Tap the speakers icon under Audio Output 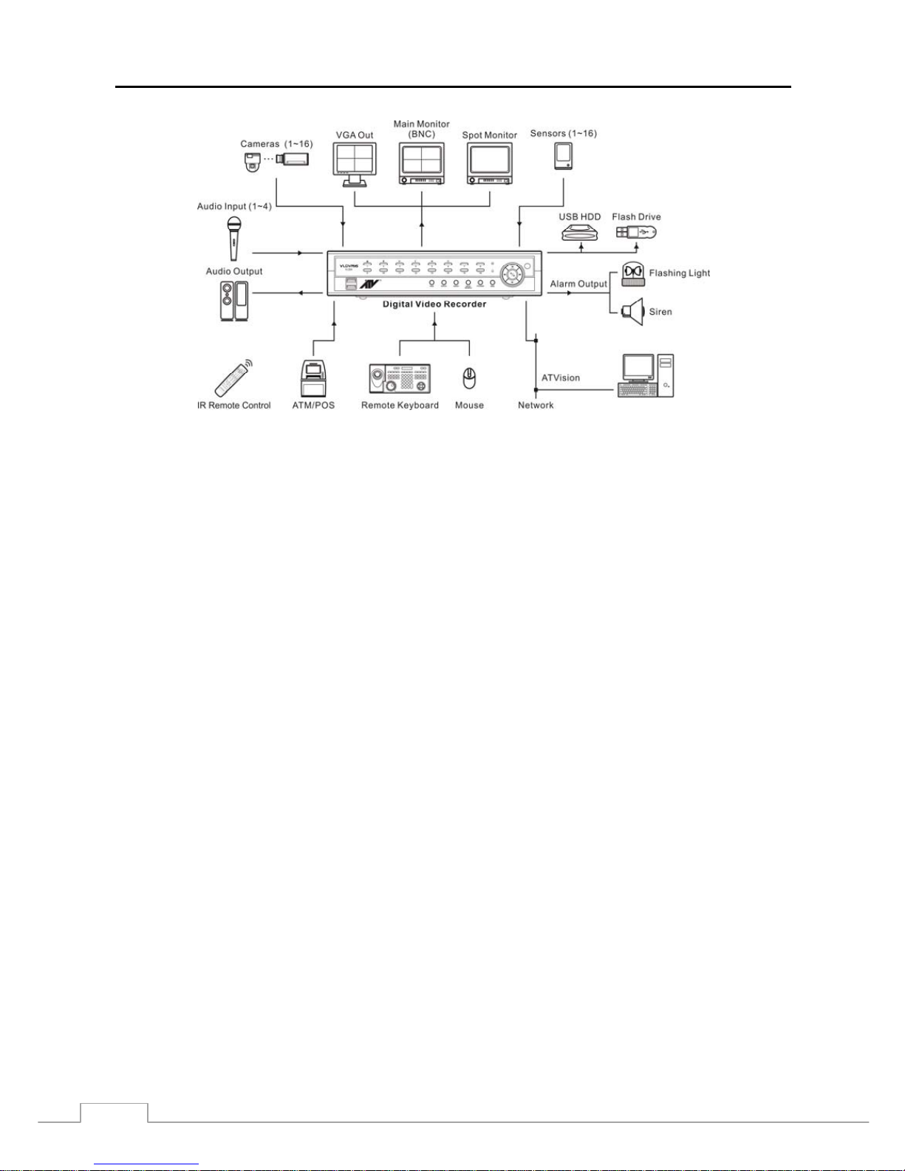click(x=234, y=300)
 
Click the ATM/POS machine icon click(x=313, y=378)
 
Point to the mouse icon click(x=468, y=379)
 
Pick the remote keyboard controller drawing click(x=400, y=378)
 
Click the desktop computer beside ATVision click(x=646, y=375)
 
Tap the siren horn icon click(x=632, y=312)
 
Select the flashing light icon click(x=632, y=273)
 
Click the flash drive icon click(x=636, y=233)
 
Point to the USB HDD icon click(x=580, y=233)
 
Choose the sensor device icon click(x=564, y=155)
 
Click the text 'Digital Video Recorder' click(x=434, y=304)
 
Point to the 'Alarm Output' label click(x=578, y=284)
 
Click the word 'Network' click(x=536, y=405)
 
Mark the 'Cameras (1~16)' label click(x=276, y=144)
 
